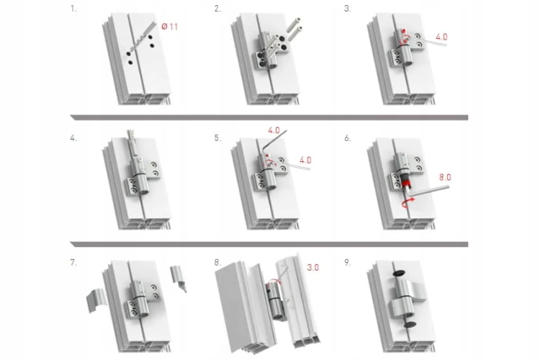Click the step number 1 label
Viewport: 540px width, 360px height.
point(73,9)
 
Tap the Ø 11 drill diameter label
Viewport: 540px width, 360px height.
point(169,27)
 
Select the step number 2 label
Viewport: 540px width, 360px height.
point(217,9)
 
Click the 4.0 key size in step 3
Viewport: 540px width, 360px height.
point(441,37)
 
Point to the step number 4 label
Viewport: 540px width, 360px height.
point(73,138)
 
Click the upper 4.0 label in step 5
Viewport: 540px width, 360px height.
point(274,130)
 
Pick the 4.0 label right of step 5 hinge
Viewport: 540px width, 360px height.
point(305,160)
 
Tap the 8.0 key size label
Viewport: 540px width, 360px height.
point(445,177)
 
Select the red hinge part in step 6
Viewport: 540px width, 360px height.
point(405,182)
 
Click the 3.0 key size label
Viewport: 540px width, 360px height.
point(312,267)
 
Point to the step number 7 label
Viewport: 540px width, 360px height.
point(73,263)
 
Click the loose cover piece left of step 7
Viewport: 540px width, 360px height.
point(96,300)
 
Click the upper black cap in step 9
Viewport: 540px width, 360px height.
point(399,273)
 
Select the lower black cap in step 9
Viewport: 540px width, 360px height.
point(410,324)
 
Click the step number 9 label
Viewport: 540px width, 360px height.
point(348,263)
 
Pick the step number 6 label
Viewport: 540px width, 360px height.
point(348,138)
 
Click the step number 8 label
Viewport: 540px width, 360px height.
point(217,263)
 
